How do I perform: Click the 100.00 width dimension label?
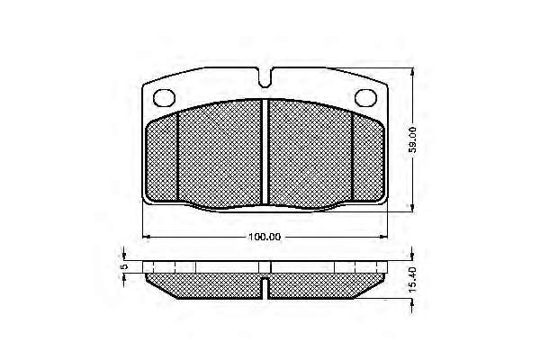coord(265,237)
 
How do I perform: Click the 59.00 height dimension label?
coord(412,139)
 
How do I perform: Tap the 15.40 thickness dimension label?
coord(412,280)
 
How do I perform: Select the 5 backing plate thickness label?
coord(125,266)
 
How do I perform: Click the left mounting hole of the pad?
coord(164,97)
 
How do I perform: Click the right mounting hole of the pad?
coord(365,97)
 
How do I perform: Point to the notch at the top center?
coord(265,77)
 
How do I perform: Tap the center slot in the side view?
coord(265,287)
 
